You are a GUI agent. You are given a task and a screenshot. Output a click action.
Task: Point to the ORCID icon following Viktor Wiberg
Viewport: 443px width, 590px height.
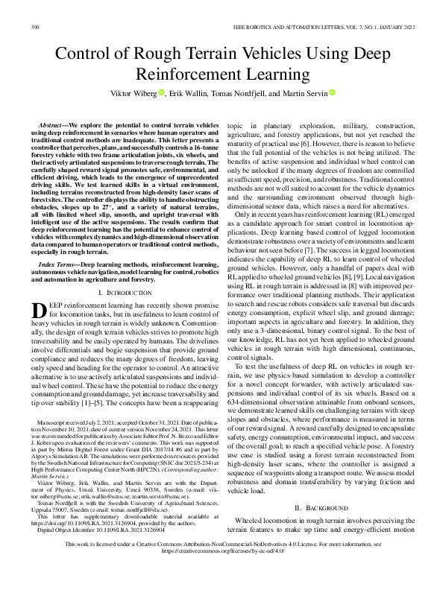click(x=160, y=93)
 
